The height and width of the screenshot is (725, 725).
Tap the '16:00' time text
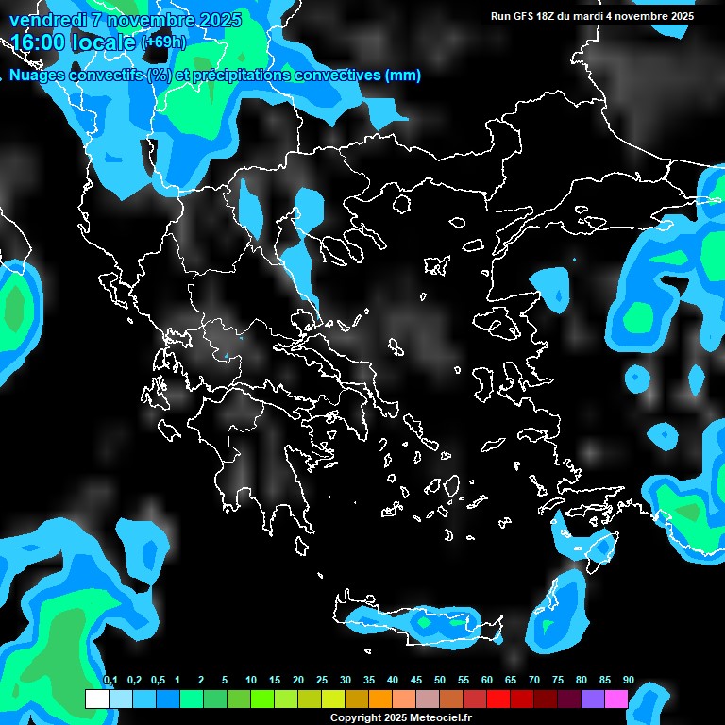[x=41, y=42]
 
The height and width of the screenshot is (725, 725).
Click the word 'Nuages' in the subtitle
[x=37, y=76]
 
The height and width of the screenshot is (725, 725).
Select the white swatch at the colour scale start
[x=96, y=699]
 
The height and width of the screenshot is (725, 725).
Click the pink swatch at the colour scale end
[x=616, y=699]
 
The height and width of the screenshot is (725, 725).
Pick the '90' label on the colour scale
[x=628, y=681]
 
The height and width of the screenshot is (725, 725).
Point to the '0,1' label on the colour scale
[x=110, y=681]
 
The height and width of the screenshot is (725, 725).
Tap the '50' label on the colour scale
[x=440, y=681]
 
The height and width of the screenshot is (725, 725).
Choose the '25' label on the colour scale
[x=322, y=681]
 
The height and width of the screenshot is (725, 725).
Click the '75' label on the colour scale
[x=557, y=681]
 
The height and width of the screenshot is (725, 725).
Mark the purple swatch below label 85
[x=593, y=699]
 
